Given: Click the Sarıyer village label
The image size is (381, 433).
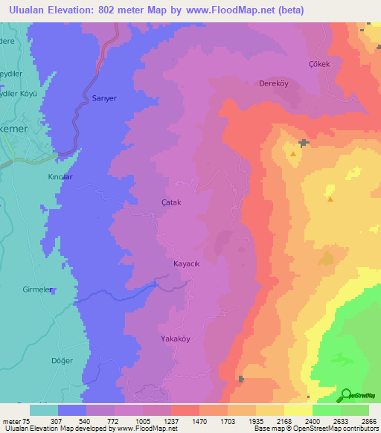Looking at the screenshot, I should tap(104, 97).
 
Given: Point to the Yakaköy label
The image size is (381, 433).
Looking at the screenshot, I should tap(176, 339).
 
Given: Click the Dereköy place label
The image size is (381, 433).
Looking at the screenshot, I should tap(273, 83).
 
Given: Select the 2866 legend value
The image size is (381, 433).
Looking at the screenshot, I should tap(368, 421).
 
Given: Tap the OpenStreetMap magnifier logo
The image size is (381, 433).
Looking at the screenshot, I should tap(345, 395).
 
